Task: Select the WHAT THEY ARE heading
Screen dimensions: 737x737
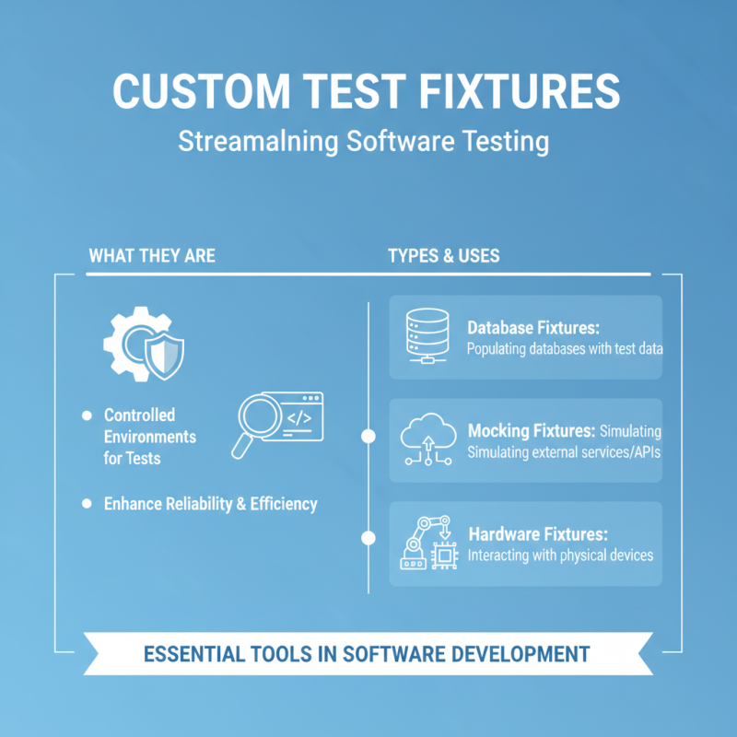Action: [152, 255]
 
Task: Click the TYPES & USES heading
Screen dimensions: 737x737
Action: [444, 255]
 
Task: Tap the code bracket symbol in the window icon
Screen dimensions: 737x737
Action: [298, 416]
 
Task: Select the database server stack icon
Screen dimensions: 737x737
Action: [427, 334]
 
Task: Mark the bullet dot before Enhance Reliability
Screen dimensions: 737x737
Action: [87, 504]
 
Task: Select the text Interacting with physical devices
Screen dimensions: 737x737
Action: [560, 556]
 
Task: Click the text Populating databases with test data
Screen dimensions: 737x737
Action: [565, 349]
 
